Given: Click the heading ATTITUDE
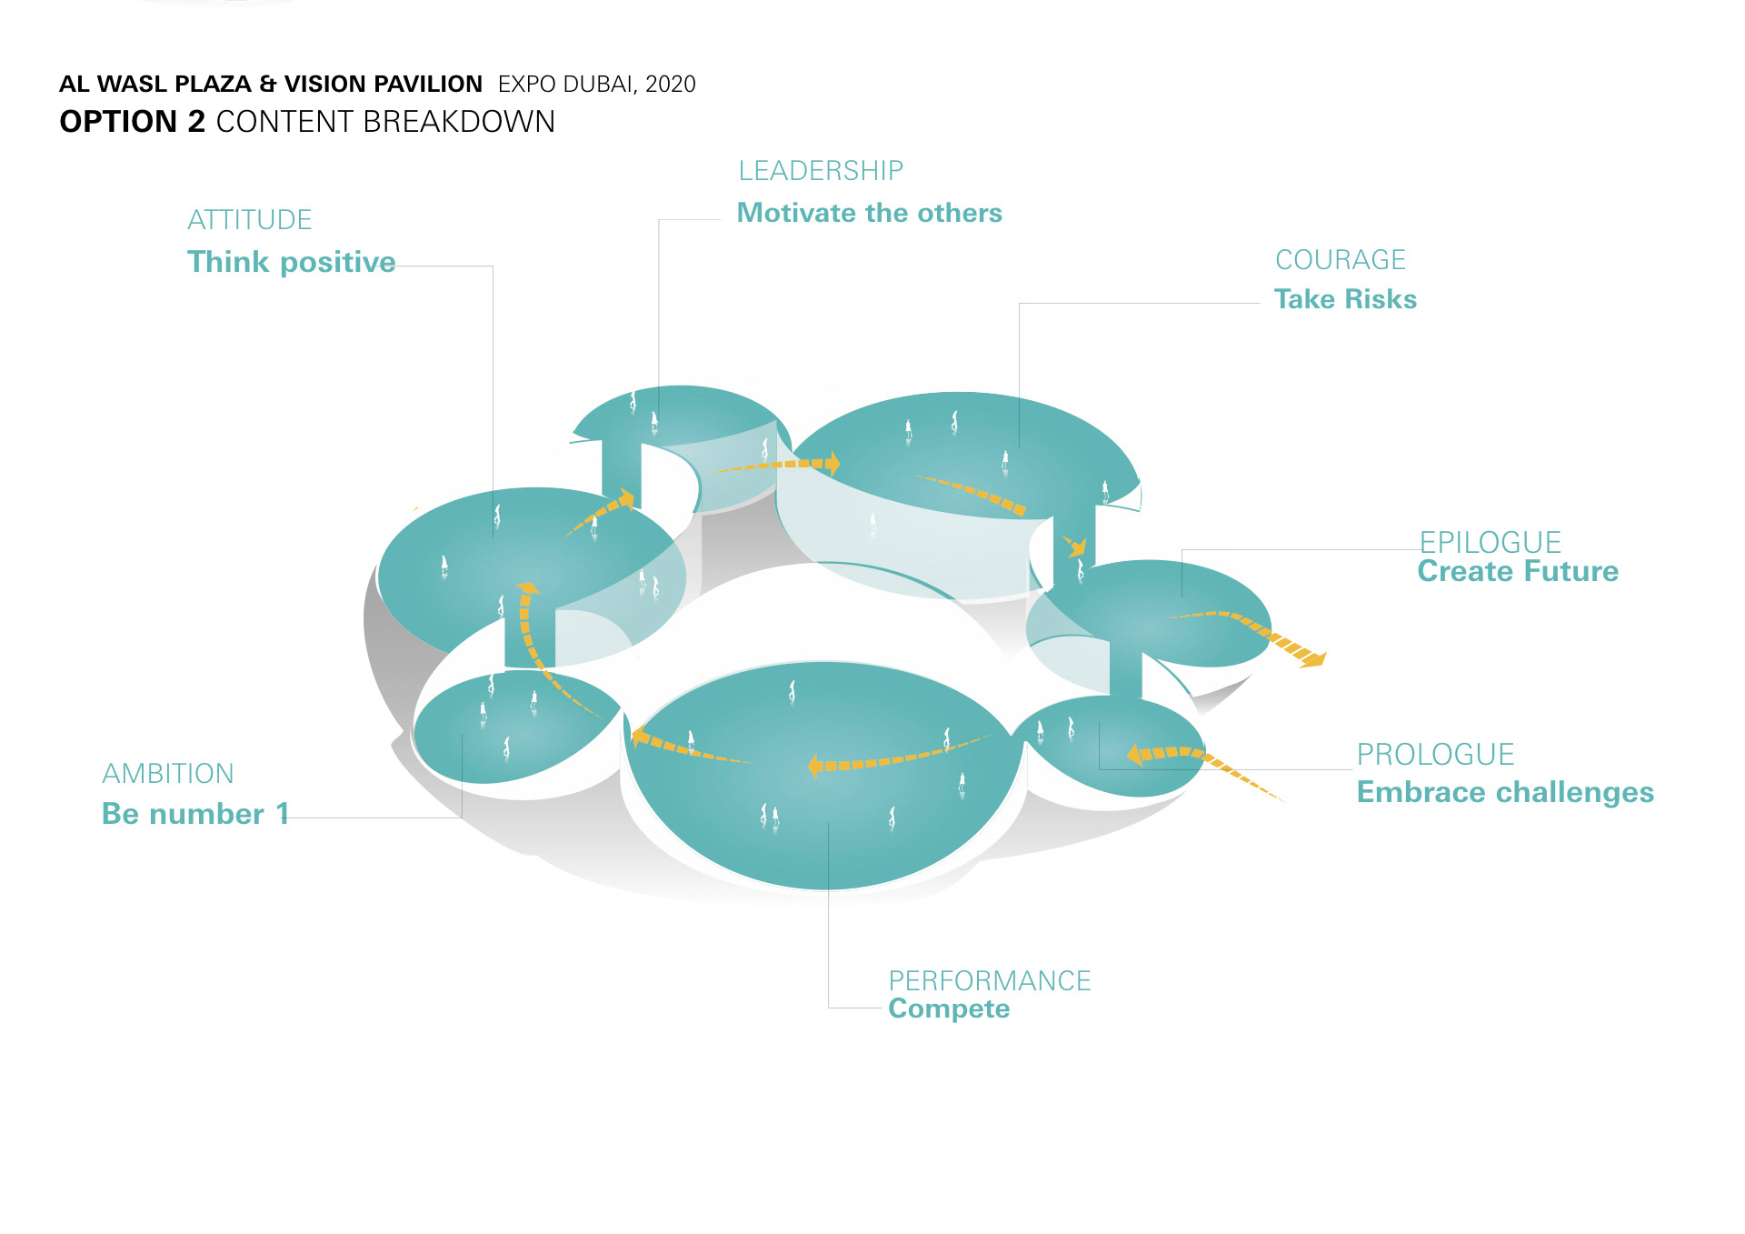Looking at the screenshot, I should pos(249,220).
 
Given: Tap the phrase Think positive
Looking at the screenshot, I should pos(291,262).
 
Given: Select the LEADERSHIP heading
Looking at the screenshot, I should pos(820,171).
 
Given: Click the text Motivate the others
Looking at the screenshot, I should pos(869,213).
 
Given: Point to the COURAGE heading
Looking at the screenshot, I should pos(1340,260).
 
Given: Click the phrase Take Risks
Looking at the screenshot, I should pos(1345,299).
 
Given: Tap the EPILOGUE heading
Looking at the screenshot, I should pos(1490,542).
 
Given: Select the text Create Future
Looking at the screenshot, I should pos(1518,571).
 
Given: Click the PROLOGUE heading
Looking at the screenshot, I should pos(1435,755).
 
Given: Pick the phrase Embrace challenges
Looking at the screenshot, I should pos(1505,792).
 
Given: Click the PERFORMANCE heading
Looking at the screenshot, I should pos(989,980).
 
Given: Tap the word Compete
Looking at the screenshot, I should pos(949,1008).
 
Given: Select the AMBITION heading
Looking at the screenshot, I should pos(168,774).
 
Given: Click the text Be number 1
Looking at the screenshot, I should pos(194,814).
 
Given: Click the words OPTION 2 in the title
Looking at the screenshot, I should pos(133,122).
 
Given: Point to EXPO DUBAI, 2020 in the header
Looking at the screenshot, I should pos(596,85).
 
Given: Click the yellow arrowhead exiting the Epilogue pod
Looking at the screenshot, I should pos(1314,657).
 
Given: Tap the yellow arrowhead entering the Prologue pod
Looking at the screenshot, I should pos(1134,755).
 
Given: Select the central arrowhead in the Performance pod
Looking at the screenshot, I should pos(815,767).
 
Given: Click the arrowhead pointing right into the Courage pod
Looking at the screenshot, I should pos(831,464).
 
